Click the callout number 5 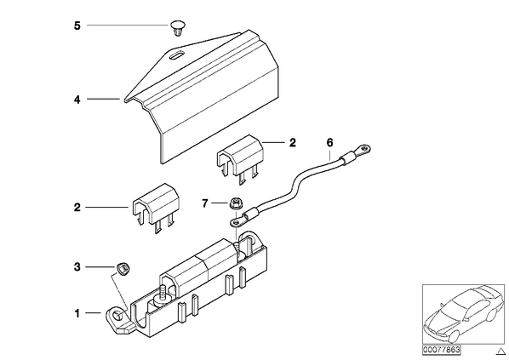pos(77,26)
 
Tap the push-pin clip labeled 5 pos(178,29)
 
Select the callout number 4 pos(77,100)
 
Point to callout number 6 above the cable pos(329,142)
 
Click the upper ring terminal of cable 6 pos(363,150)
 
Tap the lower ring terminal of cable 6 pos(237,221)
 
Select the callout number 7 pos(204,203)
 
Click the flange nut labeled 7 pos(235,204)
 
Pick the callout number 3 pos(77,267)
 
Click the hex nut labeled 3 pos(123,269)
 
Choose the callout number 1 pos(77,313)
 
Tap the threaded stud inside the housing pos(161,293)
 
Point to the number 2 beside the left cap pos(77,208)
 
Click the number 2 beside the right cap pos(293,143)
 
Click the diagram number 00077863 pos(442,350)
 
